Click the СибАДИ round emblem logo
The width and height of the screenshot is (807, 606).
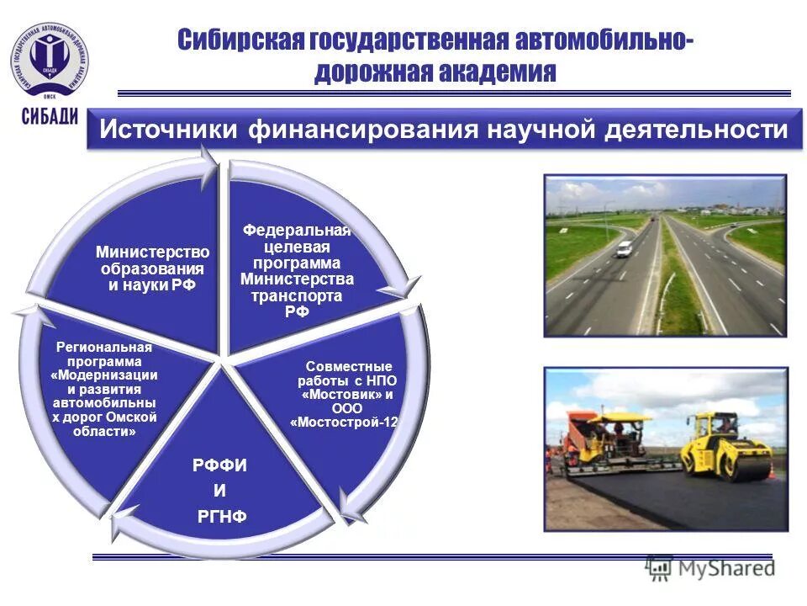[x=50, y=58]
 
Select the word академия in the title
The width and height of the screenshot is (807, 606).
[x=496, y=72]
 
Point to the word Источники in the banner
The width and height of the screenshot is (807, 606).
[x=169, y=131]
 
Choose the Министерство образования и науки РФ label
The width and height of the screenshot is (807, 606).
[x=152, y=268]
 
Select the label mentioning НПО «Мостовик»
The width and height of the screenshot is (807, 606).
[x=345, y=395]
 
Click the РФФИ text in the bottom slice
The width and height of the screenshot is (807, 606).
[x=219, y=465]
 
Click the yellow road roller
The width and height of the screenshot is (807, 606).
[x=725, y=446]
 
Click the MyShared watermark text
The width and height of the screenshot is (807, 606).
[x=728, y=568]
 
